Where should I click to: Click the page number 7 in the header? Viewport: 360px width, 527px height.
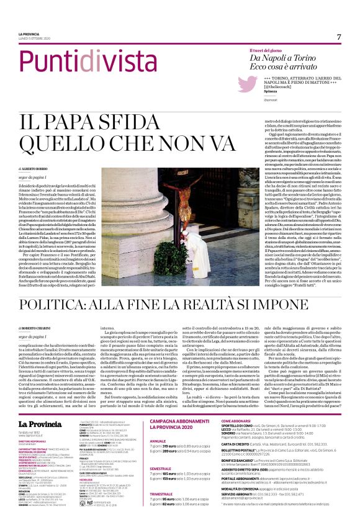pos(340,37)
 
